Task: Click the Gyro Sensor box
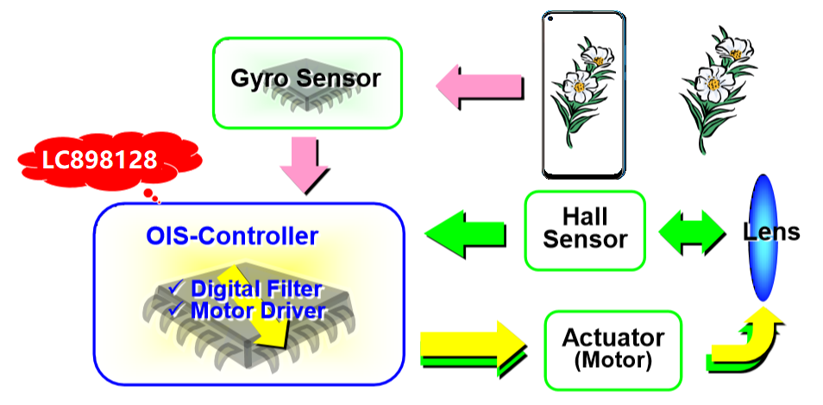point(307,81)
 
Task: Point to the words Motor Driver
point(258,310)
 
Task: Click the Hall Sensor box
point(585,230)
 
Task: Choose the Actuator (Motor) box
point(613,347)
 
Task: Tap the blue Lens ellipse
point(762,238)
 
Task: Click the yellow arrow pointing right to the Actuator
point(470,346)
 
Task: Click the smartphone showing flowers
point(582,95)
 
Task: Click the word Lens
point(771,231)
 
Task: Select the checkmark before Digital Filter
point(176,288)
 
